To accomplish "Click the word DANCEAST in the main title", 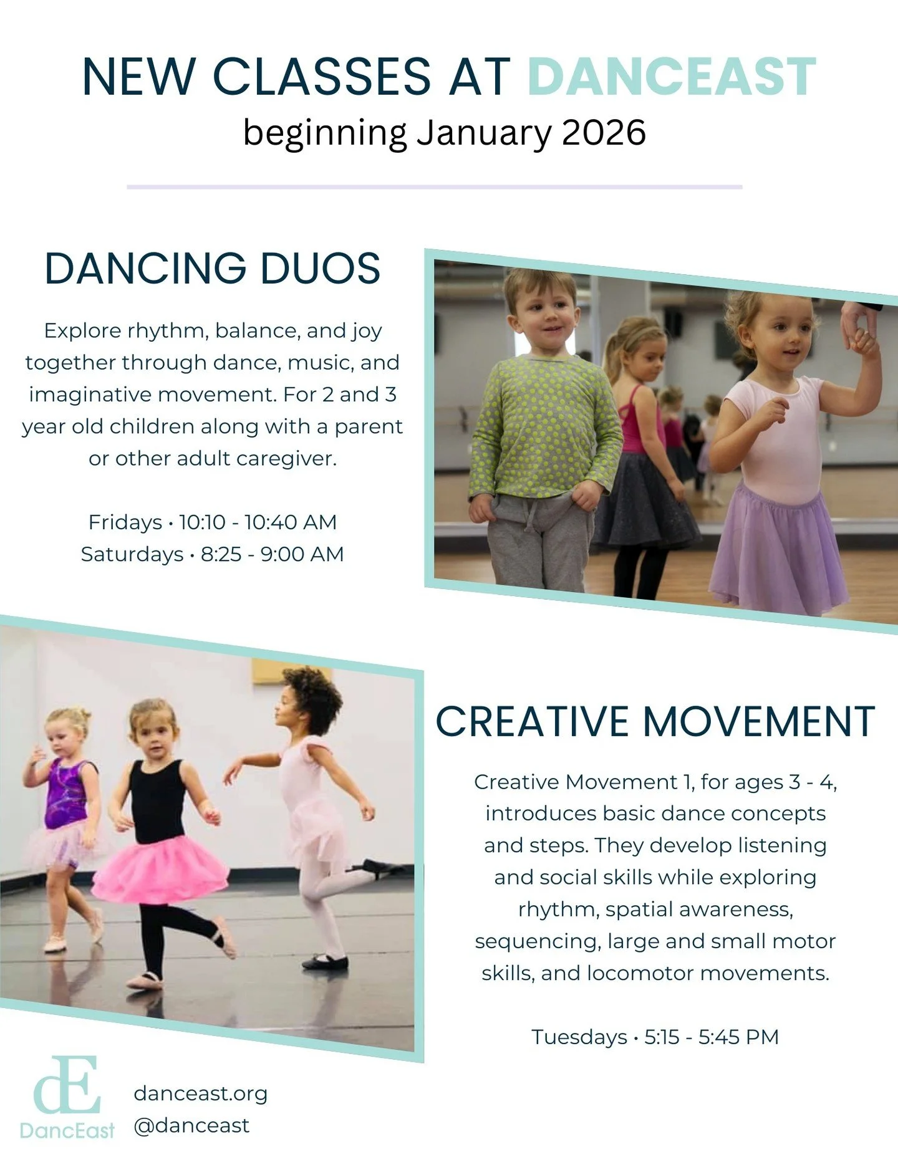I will coord(672,77).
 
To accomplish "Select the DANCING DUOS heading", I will coord(213,269).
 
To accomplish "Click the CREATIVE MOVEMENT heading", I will coord(655,722).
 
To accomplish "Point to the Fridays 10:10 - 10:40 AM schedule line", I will coord(213,522).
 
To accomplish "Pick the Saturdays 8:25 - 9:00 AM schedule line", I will coord(213,554).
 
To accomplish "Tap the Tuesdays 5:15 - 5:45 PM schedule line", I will coord(655,1037).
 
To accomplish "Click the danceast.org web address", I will coord(200,1093).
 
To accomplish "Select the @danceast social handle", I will coord(191,1125).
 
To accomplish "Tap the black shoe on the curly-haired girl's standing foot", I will coord(326,962).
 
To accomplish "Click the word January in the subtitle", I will coord(484,133).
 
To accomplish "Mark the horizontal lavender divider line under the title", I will coord(434,186).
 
